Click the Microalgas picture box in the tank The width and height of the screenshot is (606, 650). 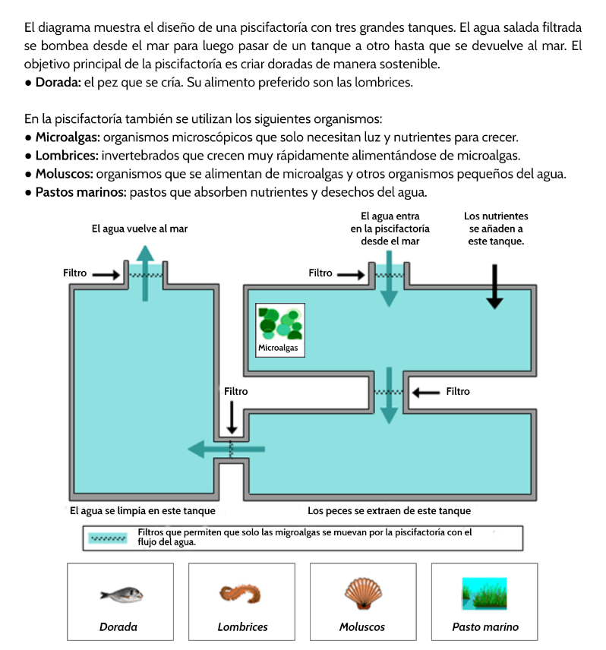pyautogui.click(x=280, y=330)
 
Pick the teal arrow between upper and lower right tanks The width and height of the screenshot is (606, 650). pyautogui.click(x=389, y=395)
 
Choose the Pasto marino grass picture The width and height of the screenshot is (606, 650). pyautogui.click(x=484, y=593)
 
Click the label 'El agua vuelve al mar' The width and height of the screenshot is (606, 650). pyautogui.click(x=140, y=228)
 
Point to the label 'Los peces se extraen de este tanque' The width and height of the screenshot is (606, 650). pyautogui.click(x=389, y=510)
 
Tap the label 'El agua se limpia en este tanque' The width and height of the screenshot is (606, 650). pyautogui.click(x=142, y=510)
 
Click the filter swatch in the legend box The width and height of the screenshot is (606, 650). pyautogui.click(x=108, y=538)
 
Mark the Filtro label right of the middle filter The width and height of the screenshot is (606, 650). pyautogui.click(x=458, y=392)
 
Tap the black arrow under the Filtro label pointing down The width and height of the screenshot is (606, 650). pyautogui.click(x=232, y=418)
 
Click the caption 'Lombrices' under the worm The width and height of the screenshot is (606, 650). pyautogui.click(x=242, y=627)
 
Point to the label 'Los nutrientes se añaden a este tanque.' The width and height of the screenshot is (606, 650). pyautogui.click(x=497, y=229)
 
